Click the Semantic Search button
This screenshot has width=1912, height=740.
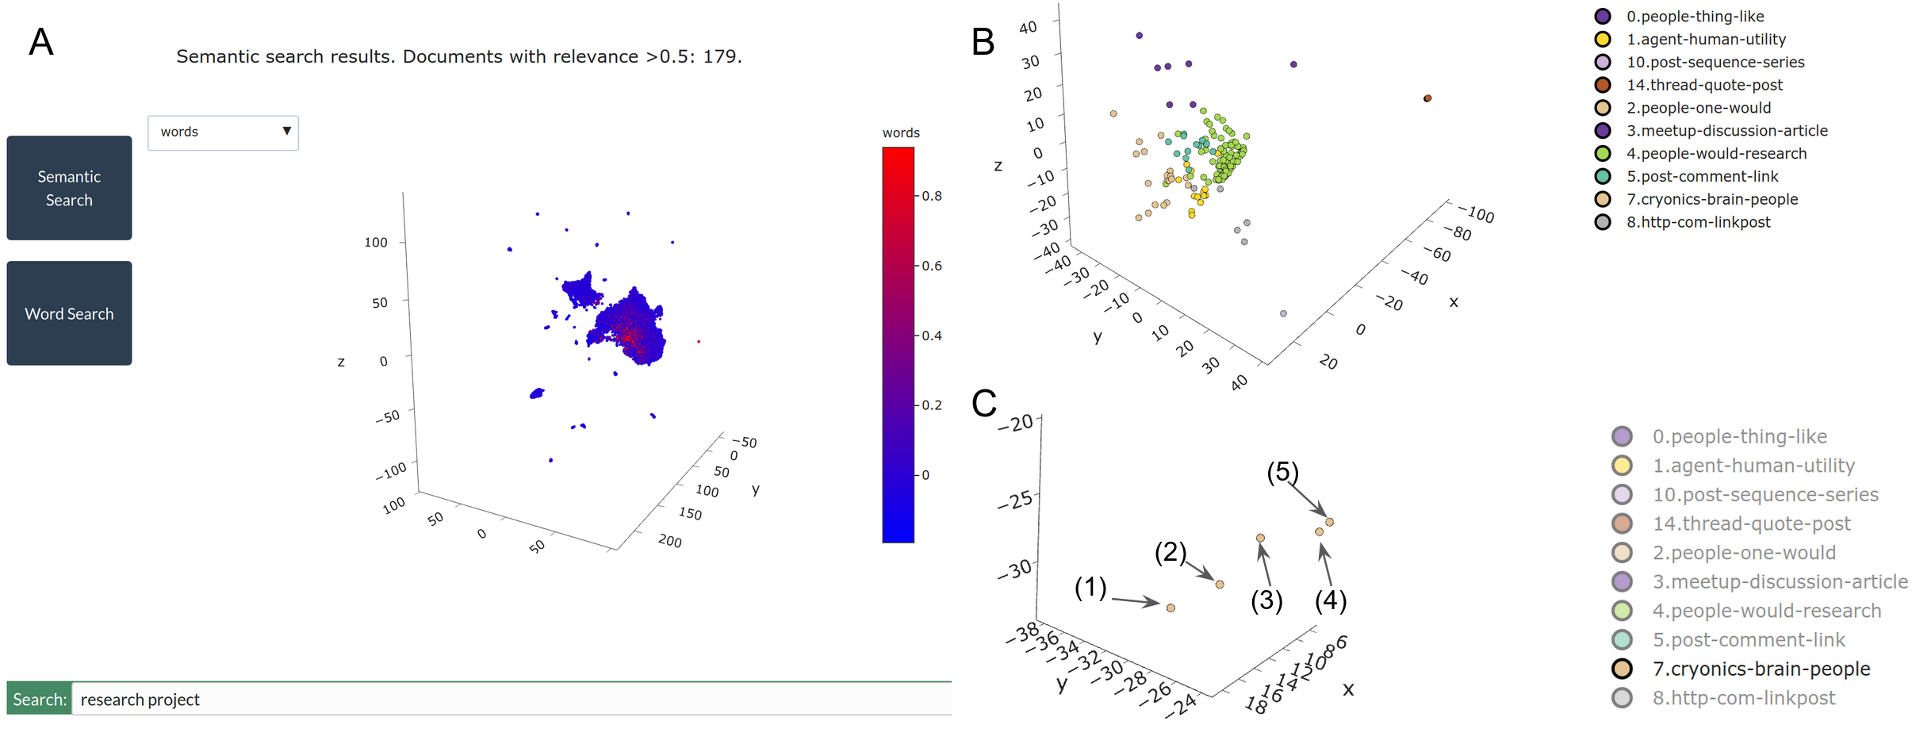pyautogui.click(x=69, y=188)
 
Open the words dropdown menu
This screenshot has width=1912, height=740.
pyautogui.click(x=223, y=132)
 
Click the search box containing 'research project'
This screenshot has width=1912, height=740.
pyautogui.click(x=511, y=699)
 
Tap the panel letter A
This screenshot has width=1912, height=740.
pyautogui.click(x=41, y=42)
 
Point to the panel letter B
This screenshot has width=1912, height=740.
pyautogui.click(x=983, y=42)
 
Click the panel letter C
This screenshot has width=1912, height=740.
pyautogui.click(x=984, y=404)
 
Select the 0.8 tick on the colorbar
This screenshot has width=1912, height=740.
pyautogui.click(x=932, y=196)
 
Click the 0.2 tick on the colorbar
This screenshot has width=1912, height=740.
pyautogui.click(x=932, y=405)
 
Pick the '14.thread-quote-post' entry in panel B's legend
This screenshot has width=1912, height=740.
pyautogui.click(x=1704, y=85)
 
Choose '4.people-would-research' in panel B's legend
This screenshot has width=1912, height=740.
pyautogui.click(x=1716, y=154)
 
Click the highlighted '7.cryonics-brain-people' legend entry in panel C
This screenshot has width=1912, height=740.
pyautogui.click(x=1761, y=669)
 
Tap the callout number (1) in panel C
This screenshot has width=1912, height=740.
pyautogui.click(x=1090, y=588)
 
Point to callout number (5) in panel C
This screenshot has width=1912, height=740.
pyautogui.click(x=1282, y=472)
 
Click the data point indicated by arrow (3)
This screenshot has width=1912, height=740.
pyautogui.click(x=1260, y=538)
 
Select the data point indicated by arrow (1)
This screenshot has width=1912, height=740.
pyautogui.click(x=1171, y=608)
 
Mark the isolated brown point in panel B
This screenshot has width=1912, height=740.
pyautogui.click(x=1427, y=98)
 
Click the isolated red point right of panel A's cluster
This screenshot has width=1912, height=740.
pyautogui.click(x=699, y=342)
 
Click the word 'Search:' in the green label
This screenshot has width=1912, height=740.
pyautogui.click(x=40, y=699)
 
